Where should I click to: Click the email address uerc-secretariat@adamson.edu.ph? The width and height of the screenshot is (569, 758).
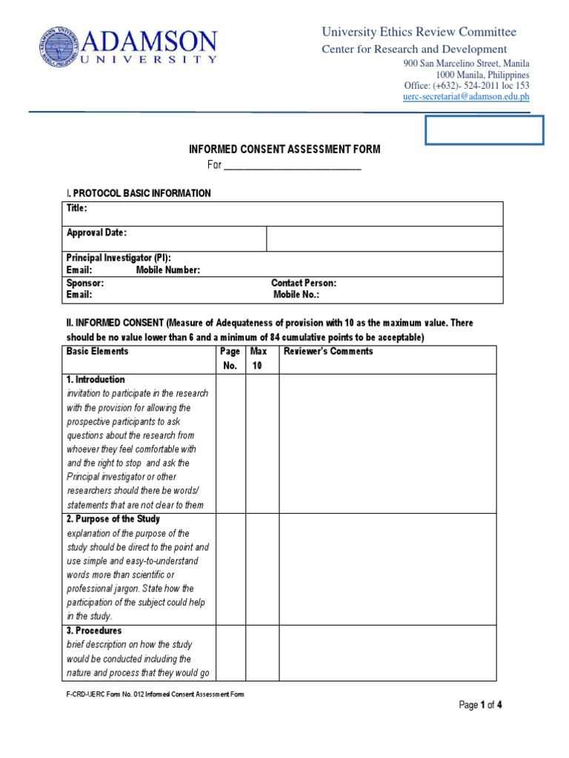pyautogui.click(x=466, y=96)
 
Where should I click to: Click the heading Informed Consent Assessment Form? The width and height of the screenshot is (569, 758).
pyautogui.click(x=284, y=150)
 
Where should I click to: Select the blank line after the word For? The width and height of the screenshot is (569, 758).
pyautogui.click(x=292, y=166)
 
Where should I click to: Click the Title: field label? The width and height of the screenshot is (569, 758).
pyautogui.click(x=77, y=209)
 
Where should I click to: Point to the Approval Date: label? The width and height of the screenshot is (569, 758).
pyautogui.click(x=96, y=232)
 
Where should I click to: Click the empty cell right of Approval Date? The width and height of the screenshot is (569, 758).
pyautogui.click(x=385, y=238)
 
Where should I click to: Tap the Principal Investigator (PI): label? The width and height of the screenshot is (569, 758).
pyautogui.click(x=119, y=258)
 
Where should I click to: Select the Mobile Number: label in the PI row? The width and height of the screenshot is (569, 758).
pyautogui.click(x=168, y=270)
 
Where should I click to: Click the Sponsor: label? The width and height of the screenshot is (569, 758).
pyautogui.click(x=85, y=283)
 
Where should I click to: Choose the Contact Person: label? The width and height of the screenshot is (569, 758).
pyautogui.click(x=304, y=283)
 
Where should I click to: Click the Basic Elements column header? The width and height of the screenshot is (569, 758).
pyautogui.click(x=97, y=352)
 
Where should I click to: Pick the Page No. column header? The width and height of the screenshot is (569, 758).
pyautogui.click(x=230, y=358)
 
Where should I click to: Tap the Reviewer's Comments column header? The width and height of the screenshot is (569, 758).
pyautogui.click(x=328, y=352)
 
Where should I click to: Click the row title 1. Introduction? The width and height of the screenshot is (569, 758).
pyautogui.click(x=96, y=380)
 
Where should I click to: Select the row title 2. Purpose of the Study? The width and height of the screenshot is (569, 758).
pyautogui.click(x=113, y=520)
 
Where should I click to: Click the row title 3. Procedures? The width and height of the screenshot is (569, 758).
pyautogui.click(x=94, y=631)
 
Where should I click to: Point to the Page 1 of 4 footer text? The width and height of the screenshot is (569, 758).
pyautogui.click(x=481, y=705)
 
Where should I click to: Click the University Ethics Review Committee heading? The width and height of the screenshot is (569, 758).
pyautogui.click(x=419, y=32)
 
